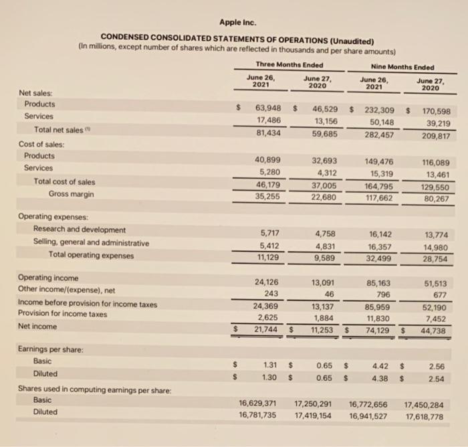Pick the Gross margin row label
tap(72, 193)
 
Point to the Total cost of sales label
tap(64, 181)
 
